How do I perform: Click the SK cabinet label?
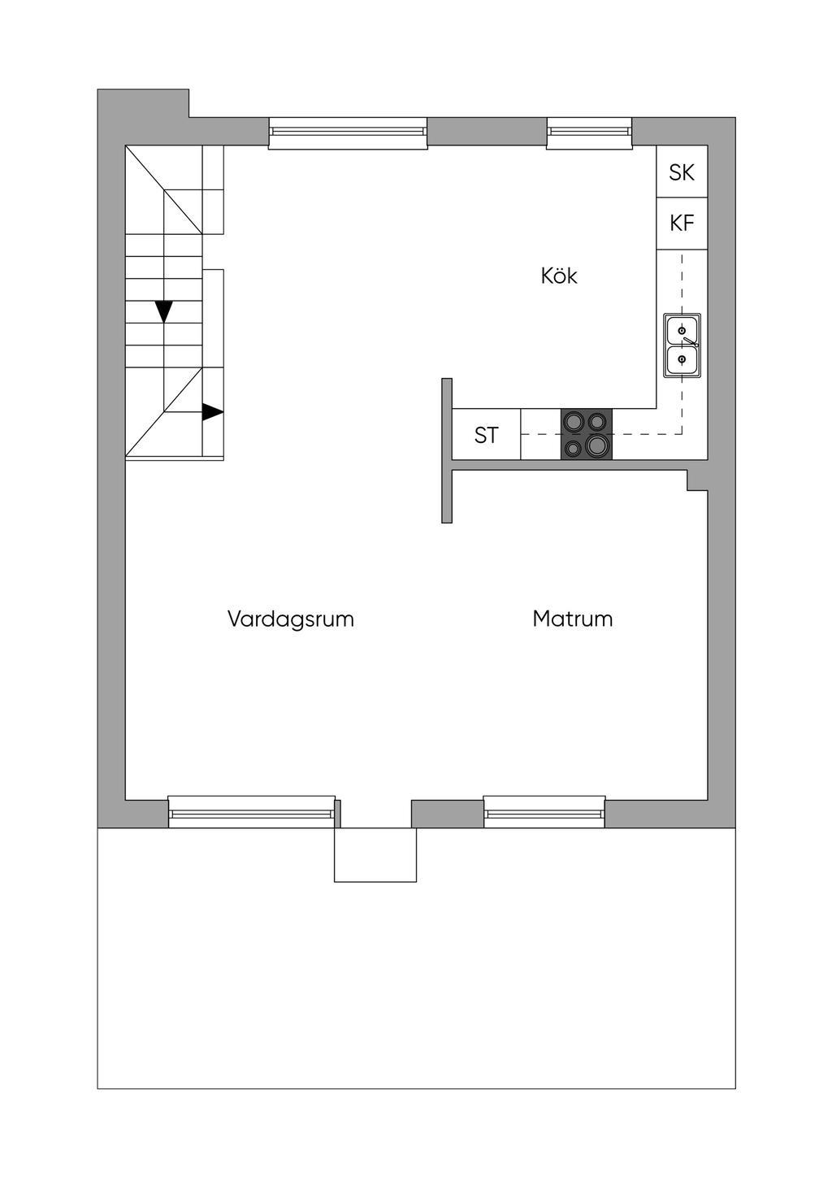coord(682,172)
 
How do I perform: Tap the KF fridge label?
coord(682,223)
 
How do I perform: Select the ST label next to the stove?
coord(486,436)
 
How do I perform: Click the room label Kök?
coord(559,276)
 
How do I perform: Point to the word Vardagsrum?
coord(290,619)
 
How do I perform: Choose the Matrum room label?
coord(572,619)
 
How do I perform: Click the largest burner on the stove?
coord(598,445)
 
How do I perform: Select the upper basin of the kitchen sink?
coord(682,331)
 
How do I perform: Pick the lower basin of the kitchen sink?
coord(682,359)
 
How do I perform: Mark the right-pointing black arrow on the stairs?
coord(212,412)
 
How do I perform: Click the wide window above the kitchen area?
coord(348,132)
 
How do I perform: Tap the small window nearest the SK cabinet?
coord(589,132)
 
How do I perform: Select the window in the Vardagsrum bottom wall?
coord(251,812)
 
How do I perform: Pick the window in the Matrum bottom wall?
coord(544,812)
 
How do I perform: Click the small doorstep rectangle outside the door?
coord(375,854)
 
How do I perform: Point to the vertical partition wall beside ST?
coord(447,450)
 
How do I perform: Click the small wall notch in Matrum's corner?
coord(697,480)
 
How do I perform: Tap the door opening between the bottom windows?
coord(375,813)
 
